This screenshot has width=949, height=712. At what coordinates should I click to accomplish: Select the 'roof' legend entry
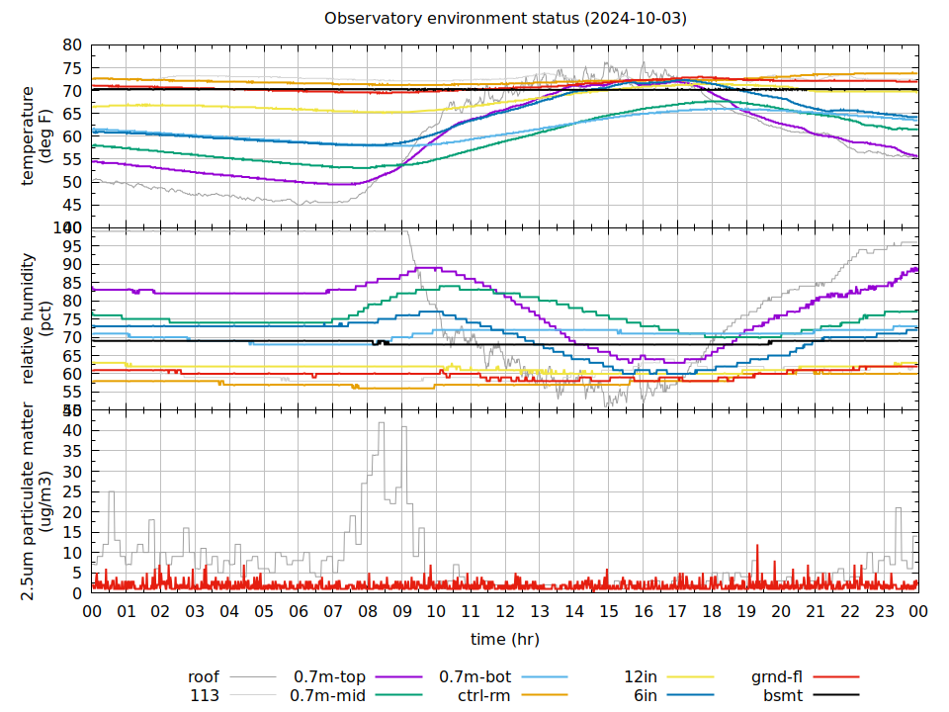[x=204, y=677]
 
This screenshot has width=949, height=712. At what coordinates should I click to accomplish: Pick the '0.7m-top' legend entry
[x=329, y=677]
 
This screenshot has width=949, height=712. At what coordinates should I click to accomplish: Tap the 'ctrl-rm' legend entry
[x=484, y=695]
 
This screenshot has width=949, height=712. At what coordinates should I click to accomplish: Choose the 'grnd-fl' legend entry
[x=776, y=677]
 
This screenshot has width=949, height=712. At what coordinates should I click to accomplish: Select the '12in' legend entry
[x=641, y=677]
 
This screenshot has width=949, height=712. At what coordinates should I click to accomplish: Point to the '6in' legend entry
[x=646, y=695]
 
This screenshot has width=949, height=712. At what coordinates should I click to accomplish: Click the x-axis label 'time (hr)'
[x=504, y=639]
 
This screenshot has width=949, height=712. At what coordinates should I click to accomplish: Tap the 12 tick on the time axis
[x=505, y=611]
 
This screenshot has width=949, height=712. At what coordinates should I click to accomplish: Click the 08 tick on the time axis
[x=368, y=611]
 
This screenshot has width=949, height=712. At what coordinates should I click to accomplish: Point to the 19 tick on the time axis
[x=746, y=611]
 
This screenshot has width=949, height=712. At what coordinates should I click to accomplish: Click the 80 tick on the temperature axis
[x=72, y=44]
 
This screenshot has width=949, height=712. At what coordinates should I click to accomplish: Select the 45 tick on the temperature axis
[x=72, y=206]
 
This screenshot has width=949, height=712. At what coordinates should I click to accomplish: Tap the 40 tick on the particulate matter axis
[x=72, y=430]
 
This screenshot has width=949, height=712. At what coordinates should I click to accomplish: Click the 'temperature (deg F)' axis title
[x=36, y=135]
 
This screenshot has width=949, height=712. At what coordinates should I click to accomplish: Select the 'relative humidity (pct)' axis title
[x=36, y=318]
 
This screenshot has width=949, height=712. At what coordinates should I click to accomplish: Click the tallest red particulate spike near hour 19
[x=757, y=546]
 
